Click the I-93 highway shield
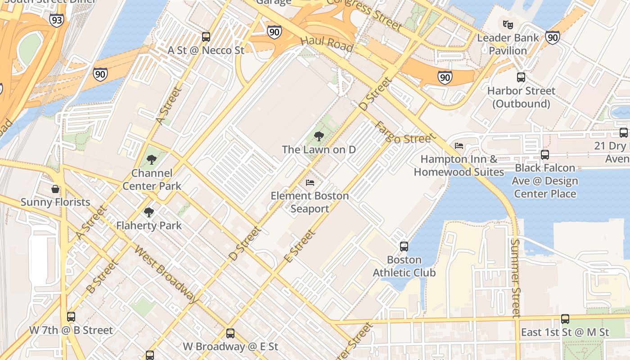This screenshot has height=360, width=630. pos(56,20)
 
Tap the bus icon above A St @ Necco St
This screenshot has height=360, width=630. pos(206,37)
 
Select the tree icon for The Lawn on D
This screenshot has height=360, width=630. pos(319,136)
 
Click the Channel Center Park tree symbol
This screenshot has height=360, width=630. pos(152,160)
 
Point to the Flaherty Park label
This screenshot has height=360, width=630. pos(149,225)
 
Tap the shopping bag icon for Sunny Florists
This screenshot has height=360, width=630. pos(55,189)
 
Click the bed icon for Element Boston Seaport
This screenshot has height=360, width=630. pos(310,182)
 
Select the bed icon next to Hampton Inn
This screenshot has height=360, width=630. pos(459,145)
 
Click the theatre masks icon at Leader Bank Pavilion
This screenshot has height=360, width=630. pos(508,24)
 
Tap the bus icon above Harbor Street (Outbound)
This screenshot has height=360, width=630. pos(521,77)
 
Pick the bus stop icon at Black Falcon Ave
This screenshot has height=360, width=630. pos(545,155)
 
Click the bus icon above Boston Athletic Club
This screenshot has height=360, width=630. pos(404,247)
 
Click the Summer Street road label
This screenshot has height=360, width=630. pos(515,278)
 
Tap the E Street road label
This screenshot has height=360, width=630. pos(299,246)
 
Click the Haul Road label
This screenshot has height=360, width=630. pos(327,43)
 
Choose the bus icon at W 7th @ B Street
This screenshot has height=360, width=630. pos(71,317)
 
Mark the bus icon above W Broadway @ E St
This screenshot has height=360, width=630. pos(230,333)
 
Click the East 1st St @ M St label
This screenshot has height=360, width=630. pos(565,332)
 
